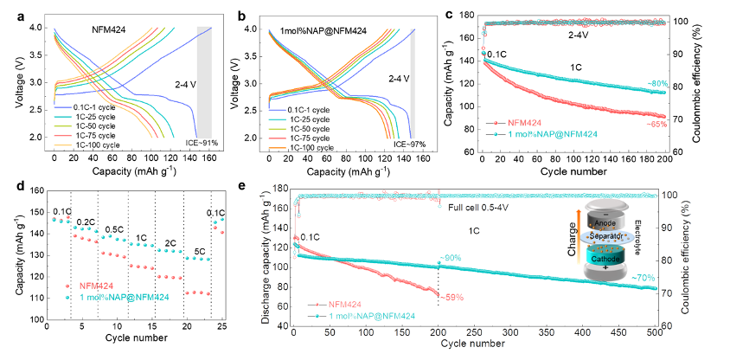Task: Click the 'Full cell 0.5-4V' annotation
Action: pos(471,208)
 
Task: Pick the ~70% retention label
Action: pos(643,277)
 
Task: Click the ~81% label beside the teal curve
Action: pos(657,83)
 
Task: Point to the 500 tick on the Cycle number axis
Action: pos(653,331)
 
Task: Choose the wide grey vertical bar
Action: pos(204,82)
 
